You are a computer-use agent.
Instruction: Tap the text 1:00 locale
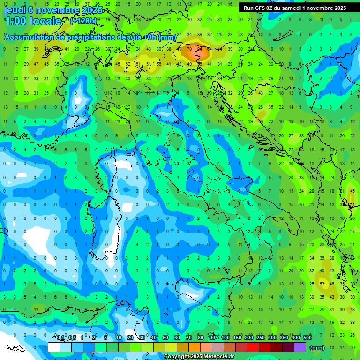tap(33, 21)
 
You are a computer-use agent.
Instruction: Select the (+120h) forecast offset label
tap(83, 21)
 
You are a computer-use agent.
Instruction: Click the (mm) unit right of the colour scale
tap(317, 348)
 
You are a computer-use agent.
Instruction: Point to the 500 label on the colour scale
tap(307, 338)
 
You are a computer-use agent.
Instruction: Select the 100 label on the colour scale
tap(225, 338)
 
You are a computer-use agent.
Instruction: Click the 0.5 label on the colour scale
tap(72, 338)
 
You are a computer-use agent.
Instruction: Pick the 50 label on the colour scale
tap(165, 338)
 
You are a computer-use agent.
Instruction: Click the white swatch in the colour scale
tap(54, 347)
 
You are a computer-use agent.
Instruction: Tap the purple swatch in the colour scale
tap(300, 347)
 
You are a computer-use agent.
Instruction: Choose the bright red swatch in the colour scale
tap(253, 347)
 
